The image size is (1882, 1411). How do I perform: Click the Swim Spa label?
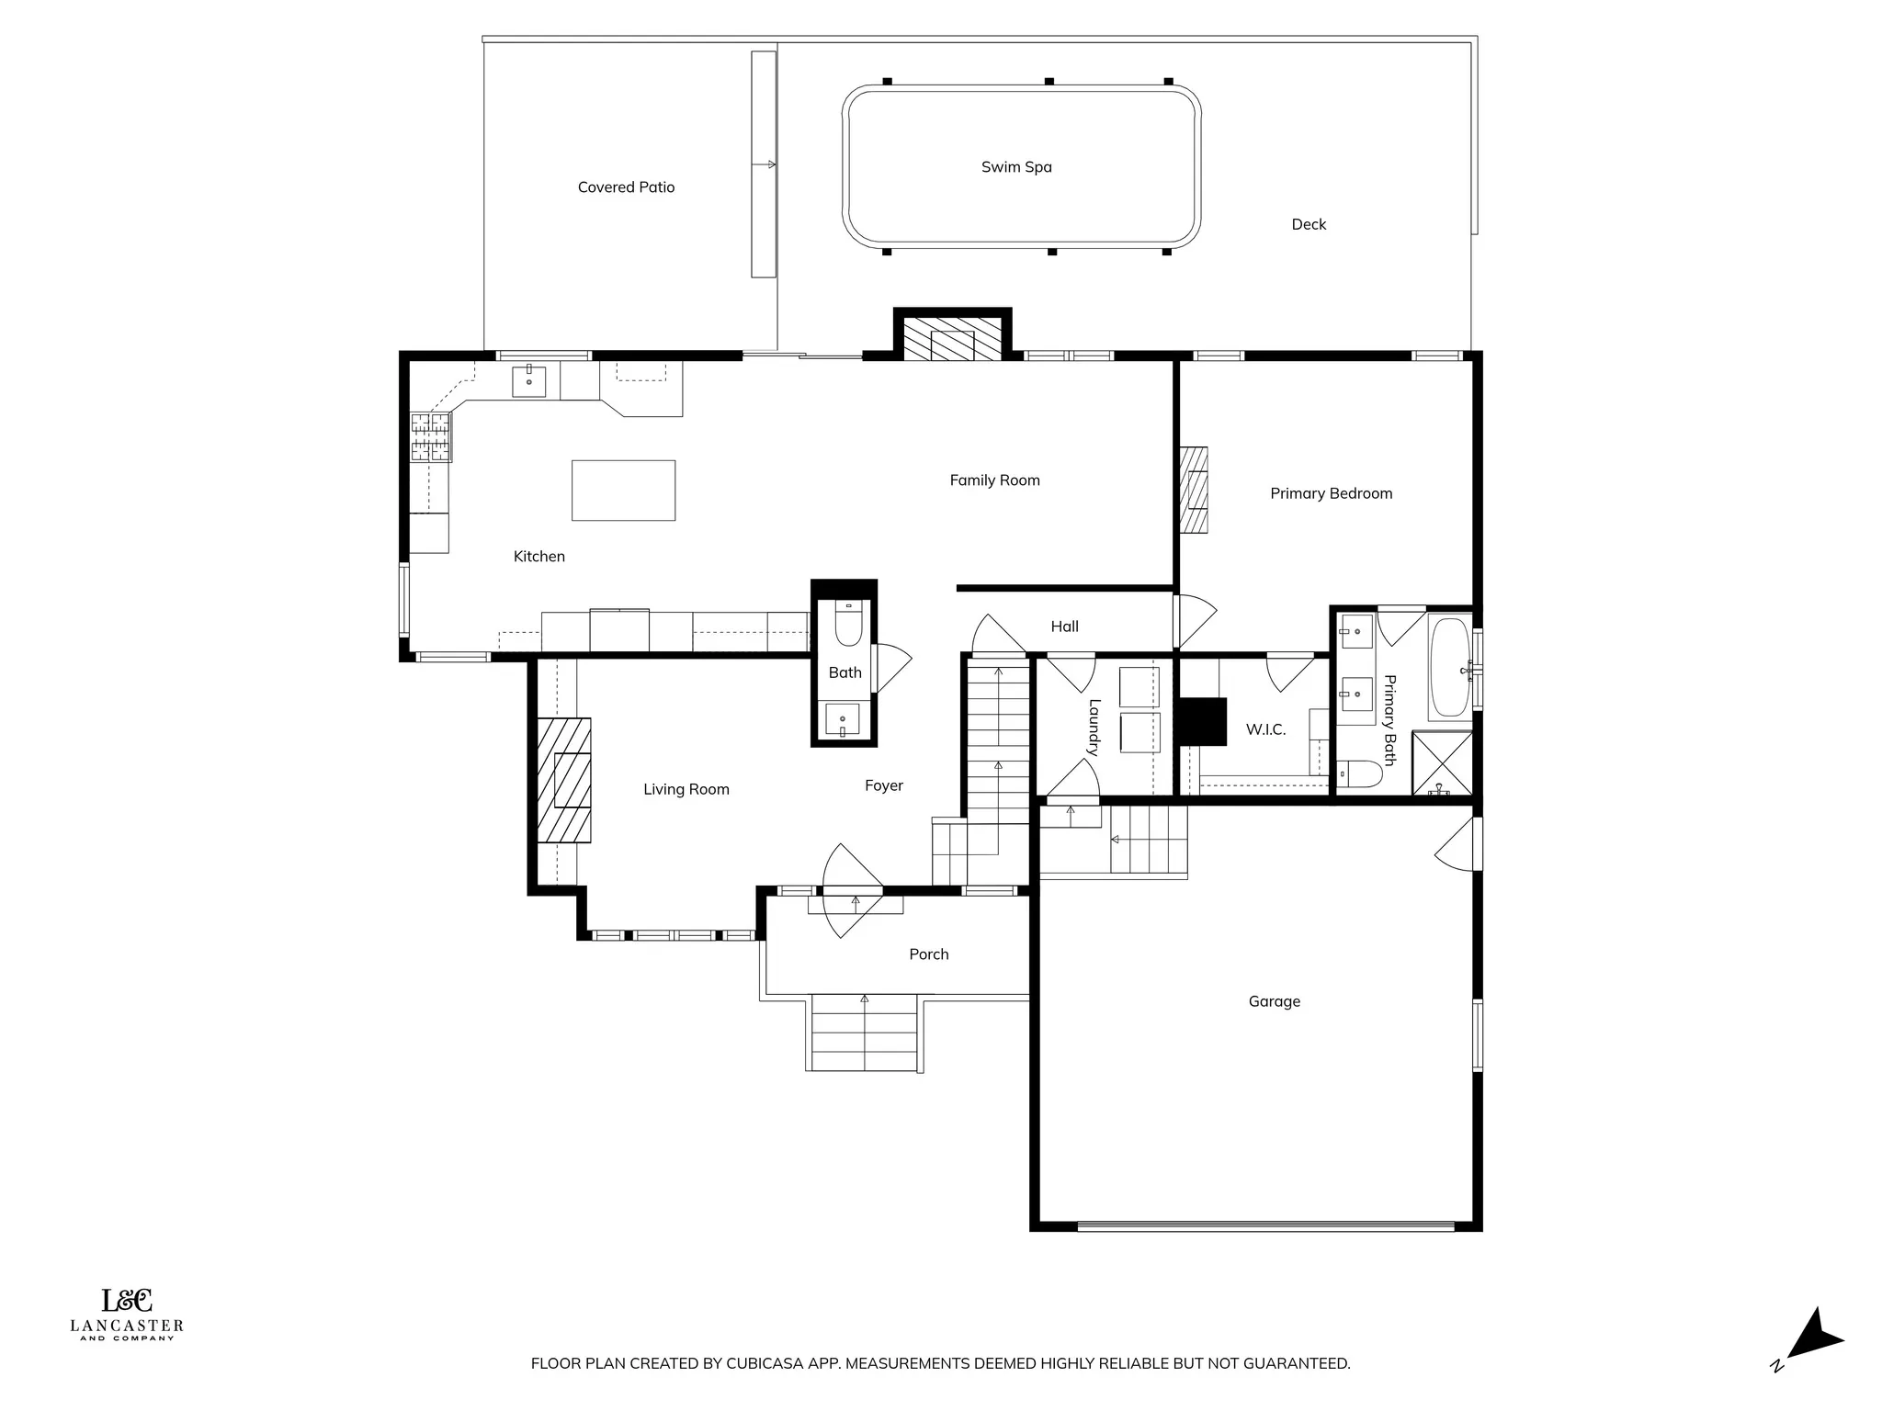1016,167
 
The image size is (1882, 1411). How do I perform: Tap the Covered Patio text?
626,187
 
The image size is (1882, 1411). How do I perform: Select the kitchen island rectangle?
623,491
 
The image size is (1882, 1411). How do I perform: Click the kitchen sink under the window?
528,381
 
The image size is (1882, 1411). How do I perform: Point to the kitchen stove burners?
431,437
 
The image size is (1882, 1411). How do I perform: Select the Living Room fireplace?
563,781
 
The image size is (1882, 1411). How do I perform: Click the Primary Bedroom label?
1331,494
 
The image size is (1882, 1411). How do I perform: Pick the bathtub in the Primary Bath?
1449,668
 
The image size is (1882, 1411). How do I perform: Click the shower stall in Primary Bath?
1441,763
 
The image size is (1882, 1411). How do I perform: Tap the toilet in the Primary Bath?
1359,774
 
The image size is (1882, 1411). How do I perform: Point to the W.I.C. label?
1265,730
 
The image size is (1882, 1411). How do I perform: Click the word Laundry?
1094,728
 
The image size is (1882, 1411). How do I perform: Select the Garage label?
1274,1002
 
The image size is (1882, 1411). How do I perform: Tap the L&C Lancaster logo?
127,1314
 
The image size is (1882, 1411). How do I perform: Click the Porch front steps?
864,1033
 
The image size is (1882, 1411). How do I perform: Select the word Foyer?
883,786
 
